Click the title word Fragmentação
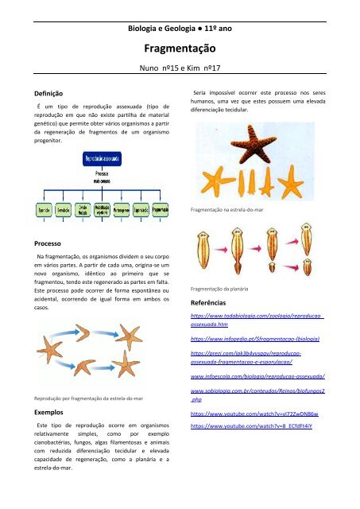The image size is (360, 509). point(180,49)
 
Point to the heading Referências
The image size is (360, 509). point(209,303)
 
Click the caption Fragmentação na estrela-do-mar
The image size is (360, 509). point(225,212)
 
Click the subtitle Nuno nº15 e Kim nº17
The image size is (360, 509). point(180,69)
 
